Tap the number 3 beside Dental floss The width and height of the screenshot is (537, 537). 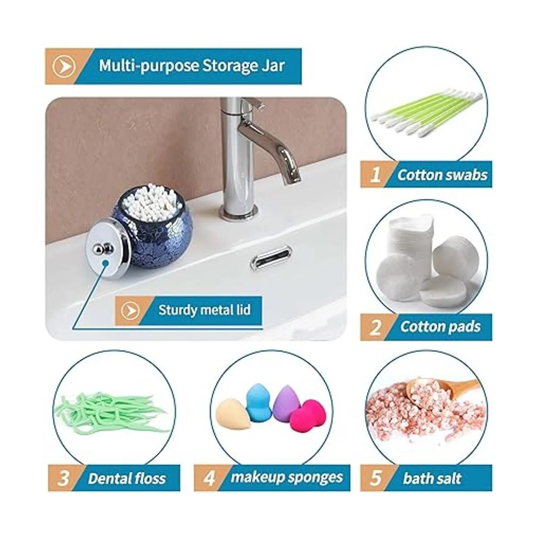(64, 478)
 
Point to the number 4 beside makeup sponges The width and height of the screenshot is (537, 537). (210, 478)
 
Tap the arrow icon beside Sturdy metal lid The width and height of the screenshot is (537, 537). (131, 309)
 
